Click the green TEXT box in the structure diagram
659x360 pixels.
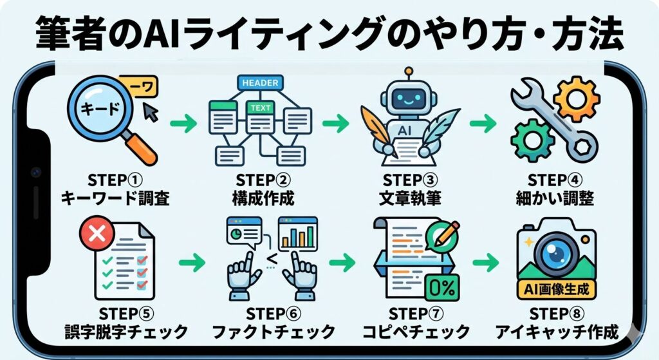pos(261,108)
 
